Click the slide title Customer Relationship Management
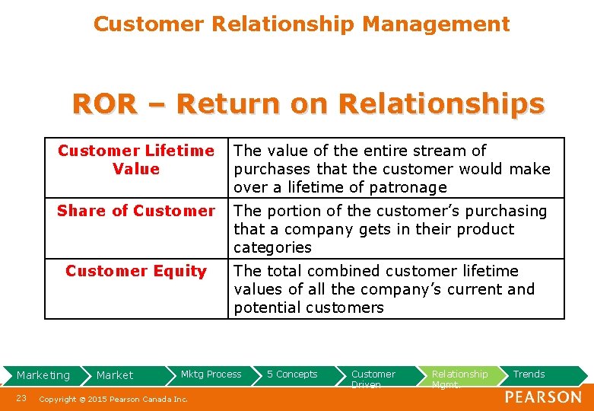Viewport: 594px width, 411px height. (301, 24)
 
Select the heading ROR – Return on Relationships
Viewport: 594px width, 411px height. (308, 104)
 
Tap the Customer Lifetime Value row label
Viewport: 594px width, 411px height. (136, 160)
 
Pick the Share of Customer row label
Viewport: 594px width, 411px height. (136, 211)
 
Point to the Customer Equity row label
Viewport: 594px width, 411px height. (136, 271)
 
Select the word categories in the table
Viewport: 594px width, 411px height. (272, 247)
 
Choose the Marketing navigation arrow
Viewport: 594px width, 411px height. (43, 374)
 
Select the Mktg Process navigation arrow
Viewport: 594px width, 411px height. (211, 374)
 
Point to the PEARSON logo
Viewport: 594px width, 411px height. (543, 397)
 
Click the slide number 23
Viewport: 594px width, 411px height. (21, 398)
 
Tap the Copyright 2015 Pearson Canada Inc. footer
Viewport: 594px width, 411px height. (113, 399)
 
